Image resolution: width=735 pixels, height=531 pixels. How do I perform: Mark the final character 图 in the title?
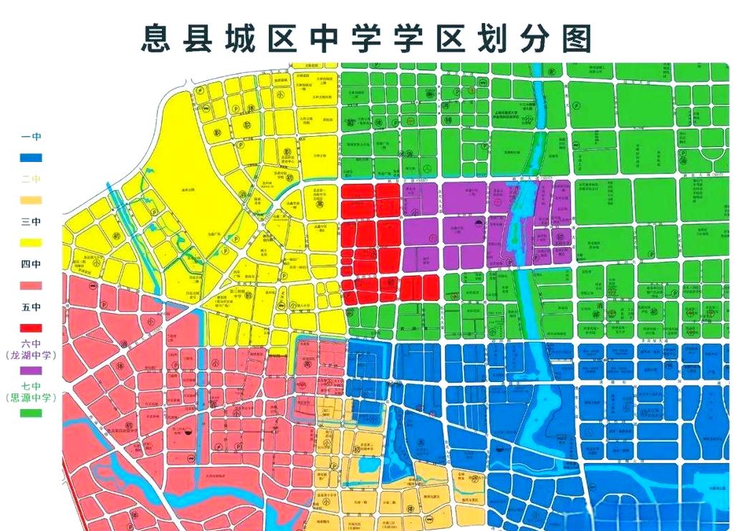click(x=577, y=37)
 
